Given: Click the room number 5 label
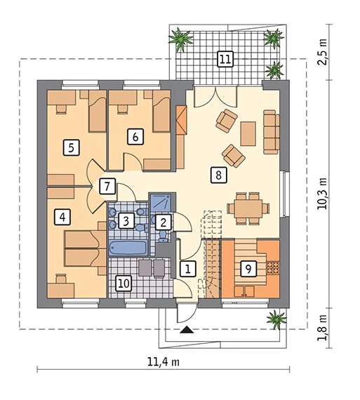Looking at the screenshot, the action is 71,147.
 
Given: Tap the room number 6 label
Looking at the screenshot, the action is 135,136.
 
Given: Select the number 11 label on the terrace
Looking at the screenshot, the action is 225,59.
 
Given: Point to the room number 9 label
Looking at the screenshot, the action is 248,268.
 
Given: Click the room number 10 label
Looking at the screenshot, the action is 124,284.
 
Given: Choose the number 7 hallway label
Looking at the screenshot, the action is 107,186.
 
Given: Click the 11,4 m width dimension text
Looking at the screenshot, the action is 164,362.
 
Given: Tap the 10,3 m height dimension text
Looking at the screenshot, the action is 322,194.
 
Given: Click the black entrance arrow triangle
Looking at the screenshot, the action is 187,330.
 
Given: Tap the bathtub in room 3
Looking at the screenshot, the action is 128,248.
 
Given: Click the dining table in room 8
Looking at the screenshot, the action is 247,208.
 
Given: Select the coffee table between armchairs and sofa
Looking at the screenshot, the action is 248,133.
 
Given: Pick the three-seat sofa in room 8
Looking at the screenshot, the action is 271,132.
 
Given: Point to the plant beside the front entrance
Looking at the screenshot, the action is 276,319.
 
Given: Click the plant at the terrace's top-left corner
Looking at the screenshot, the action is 180,39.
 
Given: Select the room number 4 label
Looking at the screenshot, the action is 62,217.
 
